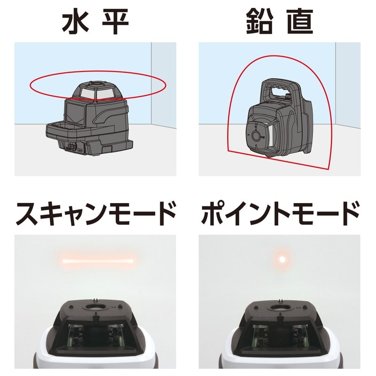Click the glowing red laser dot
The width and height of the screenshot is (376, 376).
pyautogui.click(x=282, y=258)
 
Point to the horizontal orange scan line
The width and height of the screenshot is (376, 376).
pyautogui.click(x=98, y=259)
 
